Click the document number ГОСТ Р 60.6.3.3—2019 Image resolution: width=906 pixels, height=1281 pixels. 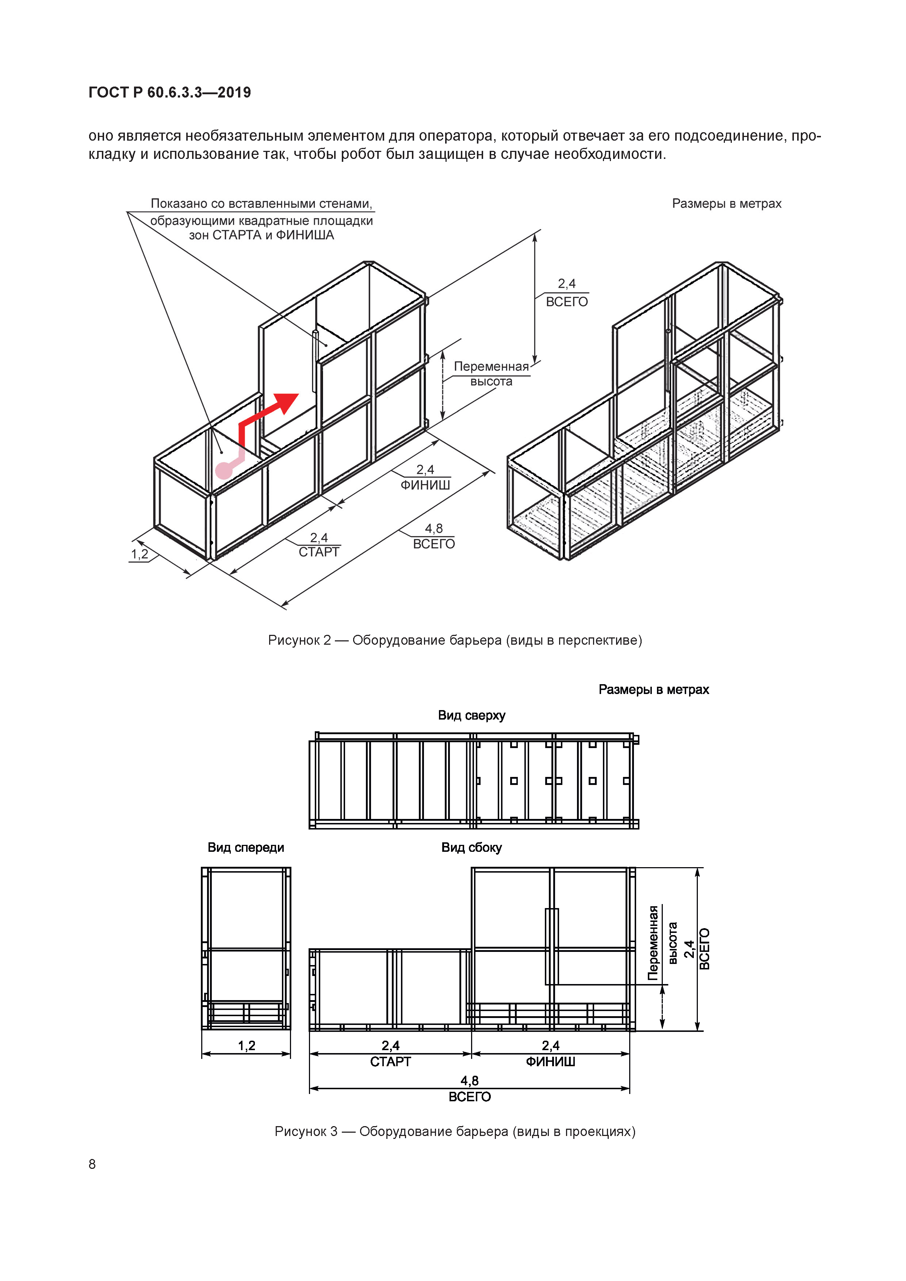pyautogui.click(x=169, y=93)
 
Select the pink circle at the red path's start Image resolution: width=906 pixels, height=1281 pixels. pyautogui.click(x=224, y=470)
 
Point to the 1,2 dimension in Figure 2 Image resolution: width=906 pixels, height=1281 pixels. pyautogui.click(x=139, y=554)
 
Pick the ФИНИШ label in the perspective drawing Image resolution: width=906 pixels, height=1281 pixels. pyautogui.click(x=425, y=485)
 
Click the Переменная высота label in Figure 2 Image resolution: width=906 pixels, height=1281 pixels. pyautogui.click(x=491, y=374)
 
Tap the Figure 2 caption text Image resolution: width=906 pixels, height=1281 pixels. pyautogui.click(x=455, y=640)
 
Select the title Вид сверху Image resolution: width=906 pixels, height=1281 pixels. pyautogui.click(x=471, y=715)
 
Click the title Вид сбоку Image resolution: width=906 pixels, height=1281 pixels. pyautogui.click(x=471, y=847)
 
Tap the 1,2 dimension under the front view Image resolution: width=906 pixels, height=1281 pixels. pyautogui.click(x=246, y=1045)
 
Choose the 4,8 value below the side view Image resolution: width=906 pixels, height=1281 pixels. pyautogui.click(x=469, y=1081)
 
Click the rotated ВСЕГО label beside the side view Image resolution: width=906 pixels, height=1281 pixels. pyautogui.click(x=704, y=949)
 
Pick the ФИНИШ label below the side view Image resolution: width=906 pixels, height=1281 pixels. pyautogui.click(x=550, y=1061)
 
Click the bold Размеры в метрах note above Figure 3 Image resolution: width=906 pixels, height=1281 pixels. pyautogui.click(x=653, y=690)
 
